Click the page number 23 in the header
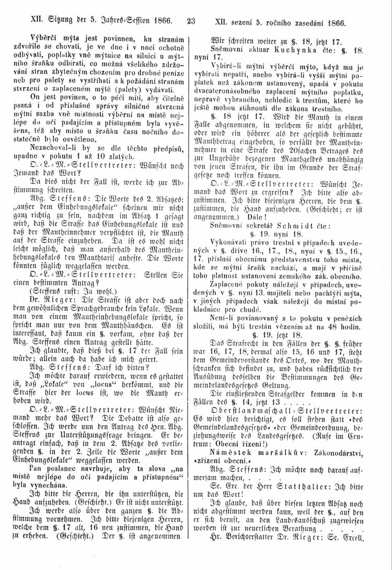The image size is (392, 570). tap(190, 22)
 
